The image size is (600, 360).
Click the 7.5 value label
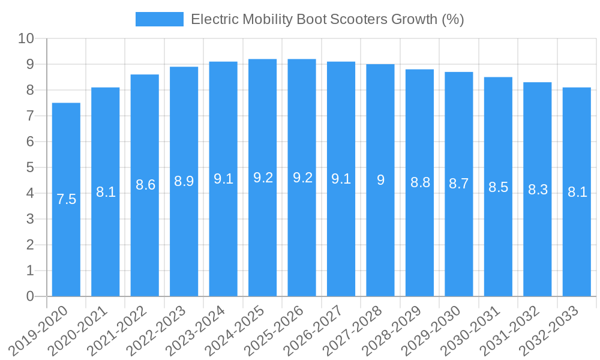pyautogui.click(x=66, y=199)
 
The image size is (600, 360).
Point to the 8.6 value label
pyautogui.click(x=145, y=185)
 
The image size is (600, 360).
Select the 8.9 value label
pyautogui.click(x=184, y=181)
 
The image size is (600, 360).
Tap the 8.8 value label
pyautogui.click(x=420, y=182)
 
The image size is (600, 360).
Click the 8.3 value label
pyautogui.click(x=538, y=190)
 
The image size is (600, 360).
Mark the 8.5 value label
pyautogui.click(x=498, y=187)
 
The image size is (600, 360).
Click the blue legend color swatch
pyautogui.click(x=159, y=19)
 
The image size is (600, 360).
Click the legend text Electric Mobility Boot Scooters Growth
pyautogui.click(x=327, y=19)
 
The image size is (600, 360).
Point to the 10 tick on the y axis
pyautogui.click(x=26, y=39)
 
